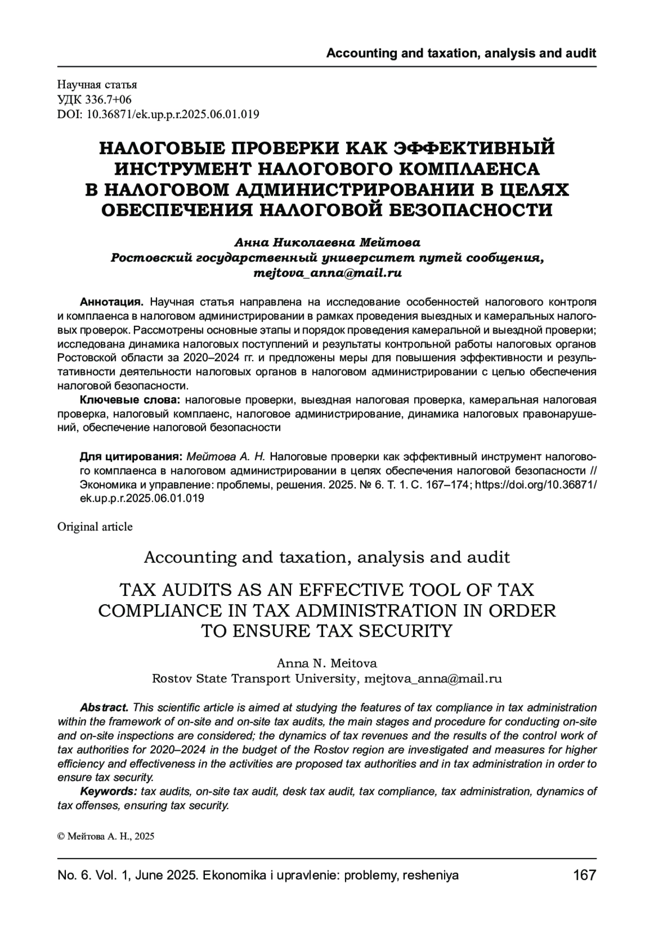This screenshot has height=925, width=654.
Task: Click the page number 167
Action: click(x=585, y=875)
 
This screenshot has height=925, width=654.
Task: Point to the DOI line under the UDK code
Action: click(x=158, y=114)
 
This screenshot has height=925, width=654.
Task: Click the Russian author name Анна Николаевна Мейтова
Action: click(x=327, y=241)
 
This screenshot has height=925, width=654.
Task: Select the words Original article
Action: click(x=95, y=527)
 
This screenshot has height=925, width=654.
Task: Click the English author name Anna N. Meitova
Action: click(x=327, y=664)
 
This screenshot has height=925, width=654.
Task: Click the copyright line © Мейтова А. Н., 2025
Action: click(x=106, y=837)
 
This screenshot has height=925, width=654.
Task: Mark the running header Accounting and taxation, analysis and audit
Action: click(x=461, y=53)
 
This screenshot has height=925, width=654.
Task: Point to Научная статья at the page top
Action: click(x=97, y=85)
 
